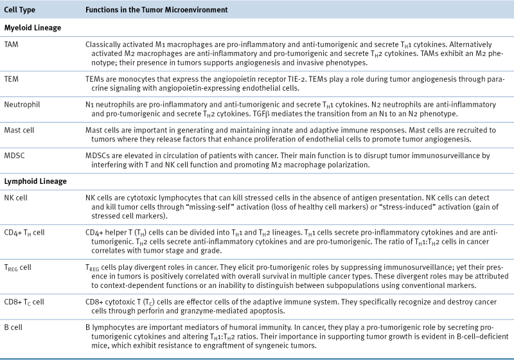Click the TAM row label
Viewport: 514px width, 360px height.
tap(12, 44)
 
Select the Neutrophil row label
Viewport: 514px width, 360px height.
tap(21, 102)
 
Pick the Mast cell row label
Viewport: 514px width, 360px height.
tap(20, 129)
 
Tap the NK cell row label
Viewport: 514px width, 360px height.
tap(17, 197)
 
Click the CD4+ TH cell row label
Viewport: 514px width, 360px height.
tap(25, 230)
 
